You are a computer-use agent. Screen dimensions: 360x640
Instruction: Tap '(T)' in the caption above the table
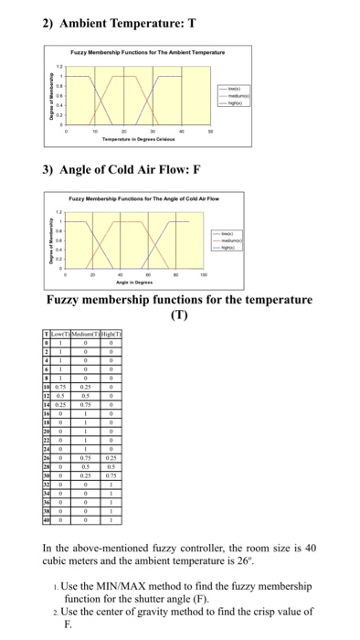181,315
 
